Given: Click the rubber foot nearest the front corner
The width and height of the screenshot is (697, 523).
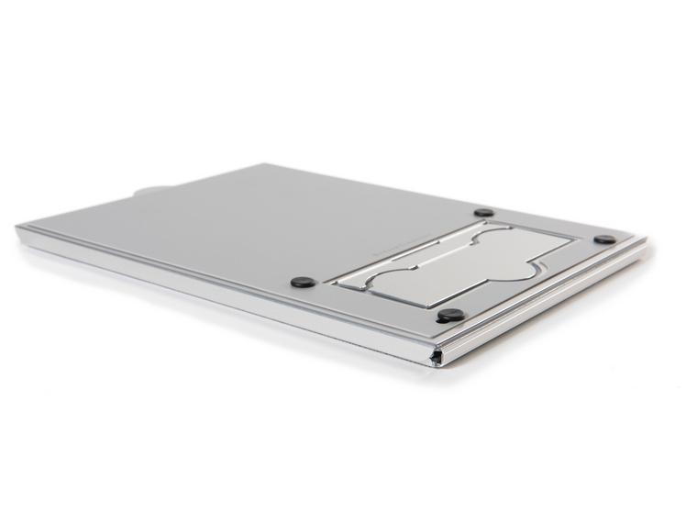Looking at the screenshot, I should click(450, 315).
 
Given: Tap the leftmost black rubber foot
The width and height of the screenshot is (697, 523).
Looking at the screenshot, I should click(303, 282).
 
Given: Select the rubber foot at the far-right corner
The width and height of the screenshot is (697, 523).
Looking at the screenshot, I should click(604, 239).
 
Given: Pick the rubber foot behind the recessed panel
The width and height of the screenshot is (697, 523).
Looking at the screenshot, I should click(483, 212).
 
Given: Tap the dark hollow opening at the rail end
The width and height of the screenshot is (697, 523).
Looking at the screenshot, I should click(438, 356).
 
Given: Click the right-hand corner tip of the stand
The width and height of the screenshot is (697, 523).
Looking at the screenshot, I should click(645, 240).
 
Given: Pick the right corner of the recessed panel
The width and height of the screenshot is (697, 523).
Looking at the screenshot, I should click(576, 240).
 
